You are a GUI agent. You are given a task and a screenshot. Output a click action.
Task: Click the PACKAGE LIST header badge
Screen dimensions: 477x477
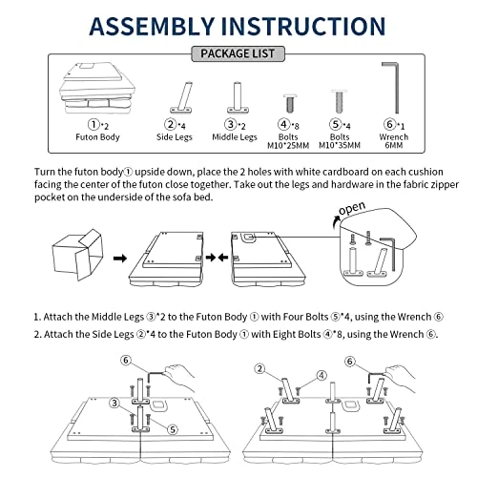pyautogui.click(x=238, y=53)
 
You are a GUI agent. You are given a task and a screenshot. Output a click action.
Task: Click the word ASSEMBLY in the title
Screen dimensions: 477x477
pyautogui.click(x=152, y=26)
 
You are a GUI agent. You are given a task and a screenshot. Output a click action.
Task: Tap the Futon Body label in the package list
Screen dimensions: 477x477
pyautogui.click(x=97, y=137)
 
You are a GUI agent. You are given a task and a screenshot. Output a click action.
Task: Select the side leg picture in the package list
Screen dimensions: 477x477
pyautogui.click(x=182, y=97)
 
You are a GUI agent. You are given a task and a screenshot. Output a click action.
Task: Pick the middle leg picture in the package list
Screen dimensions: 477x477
pyautogui.click(x=238, y=97)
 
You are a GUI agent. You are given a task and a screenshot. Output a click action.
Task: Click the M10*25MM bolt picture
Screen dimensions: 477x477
pyautogui.click(x=290, y=103)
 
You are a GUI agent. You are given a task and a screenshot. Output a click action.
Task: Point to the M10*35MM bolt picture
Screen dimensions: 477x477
pyautogui.click(x=340, y=101)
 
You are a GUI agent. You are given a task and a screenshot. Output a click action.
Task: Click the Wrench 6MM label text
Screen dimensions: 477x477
pyautogui.click(x=394, y=141)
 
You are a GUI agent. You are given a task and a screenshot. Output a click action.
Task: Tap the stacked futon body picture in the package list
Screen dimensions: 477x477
pyautogui.click(x=97, y=88)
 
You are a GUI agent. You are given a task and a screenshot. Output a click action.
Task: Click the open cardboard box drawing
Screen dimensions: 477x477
pyautogui.click(x=78, y=255)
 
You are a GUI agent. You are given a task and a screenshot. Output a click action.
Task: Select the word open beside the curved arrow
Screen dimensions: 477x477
pyautogui.click(x=352, y=208)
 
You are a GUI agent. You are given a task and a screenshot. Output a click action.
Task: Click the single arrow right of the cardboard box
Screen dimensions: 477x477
pyautogui.click(x=120, y=258)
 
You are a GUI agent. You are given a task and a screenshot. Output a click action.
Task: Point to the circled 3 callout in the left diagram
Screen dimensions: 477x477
pyautogui.click(x=114, y=404)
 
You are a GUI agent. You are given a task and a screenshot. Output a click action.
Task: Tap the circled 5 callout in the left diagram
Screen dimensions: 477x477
pyautogui.click(x=173, y=429)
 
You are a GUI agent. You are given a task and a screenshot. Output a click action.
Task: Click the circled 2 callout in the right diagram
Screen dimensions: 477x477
pyautogui.click(x=259, y=369)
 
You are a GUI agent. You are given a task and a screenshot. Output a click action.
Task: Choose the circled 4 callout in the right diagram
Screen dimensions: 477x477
pyautogui.click(x=321, y=375)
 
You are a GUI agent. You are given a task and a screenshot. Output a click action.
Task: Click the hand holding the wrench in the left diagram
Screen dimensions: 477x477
pyautogui.click(x=178, y=377)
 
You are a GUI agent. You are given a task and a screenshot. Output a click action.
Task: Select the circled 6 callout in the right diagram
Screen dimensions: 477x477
pyautogui.click(x=350, y=362)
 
